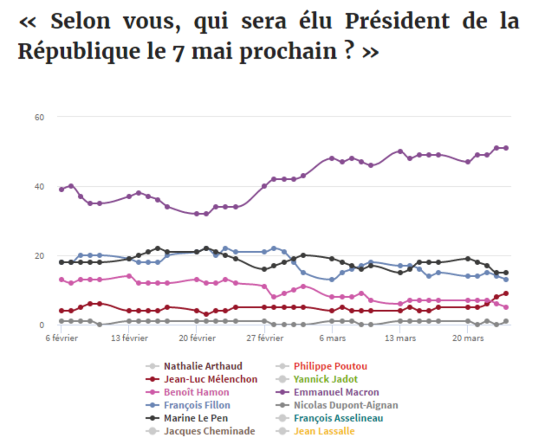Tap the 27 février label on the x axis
[x=265, y=338]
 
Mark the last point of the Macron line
[x=506, y=148]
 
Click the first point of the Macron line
[x=61, y=189]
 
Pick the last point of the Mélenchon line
[x=506, y=294]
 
